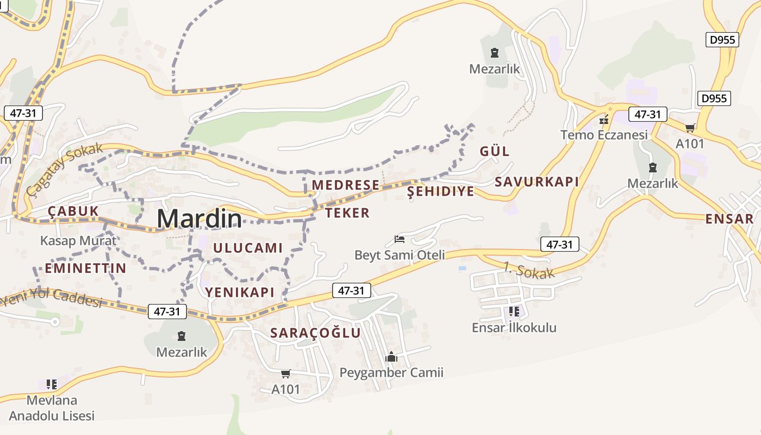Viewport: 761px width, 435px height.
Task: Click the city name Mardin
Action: [x=199, y=218]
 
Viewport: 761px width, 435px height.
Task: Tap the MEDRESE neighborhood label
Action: [x=345, y=185]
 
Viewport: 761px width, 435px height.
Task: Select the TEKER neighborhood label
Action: [x=347, y=213]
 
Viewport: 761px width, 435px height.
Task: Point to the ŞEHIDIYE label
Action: [x=440, y=191]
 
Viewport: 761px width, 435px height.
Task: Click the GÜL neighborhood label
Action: [x=494, y=151]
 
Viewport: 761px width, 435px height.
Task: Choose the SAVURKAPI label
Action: [x=537, y=182]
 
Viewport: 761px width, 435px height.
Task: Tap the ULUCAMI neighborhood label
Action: [x=248, y=248]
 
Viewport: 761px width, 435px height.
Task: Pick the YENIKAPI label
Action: [x=240, y=292]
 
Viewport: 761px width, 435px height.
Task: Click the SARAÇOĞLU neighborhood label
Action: [x=315, y=333]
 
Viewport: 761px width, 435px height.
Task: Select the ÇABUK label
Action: [x=73, y=211]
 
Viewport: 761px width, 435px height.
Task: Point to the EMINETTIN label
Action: [x=85, y=268]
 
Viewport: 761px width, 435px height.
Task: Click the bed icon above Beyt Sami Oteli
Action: [x=400, y=239]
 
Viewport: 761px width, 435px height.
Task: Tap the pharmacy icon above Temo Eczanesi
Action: [x=604, y=120]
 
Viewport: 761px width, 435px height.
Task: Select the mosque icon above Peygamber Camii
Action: [x=391, y=357]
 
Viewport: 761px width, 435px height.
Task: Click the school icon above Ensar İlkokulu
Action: [x=514, y=312]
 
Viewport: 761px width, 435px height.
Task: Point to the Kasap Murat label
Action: [x=78, y=240]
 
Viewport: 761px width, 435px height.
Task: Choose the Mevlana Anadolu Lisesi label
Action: [x=52, y=408]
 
